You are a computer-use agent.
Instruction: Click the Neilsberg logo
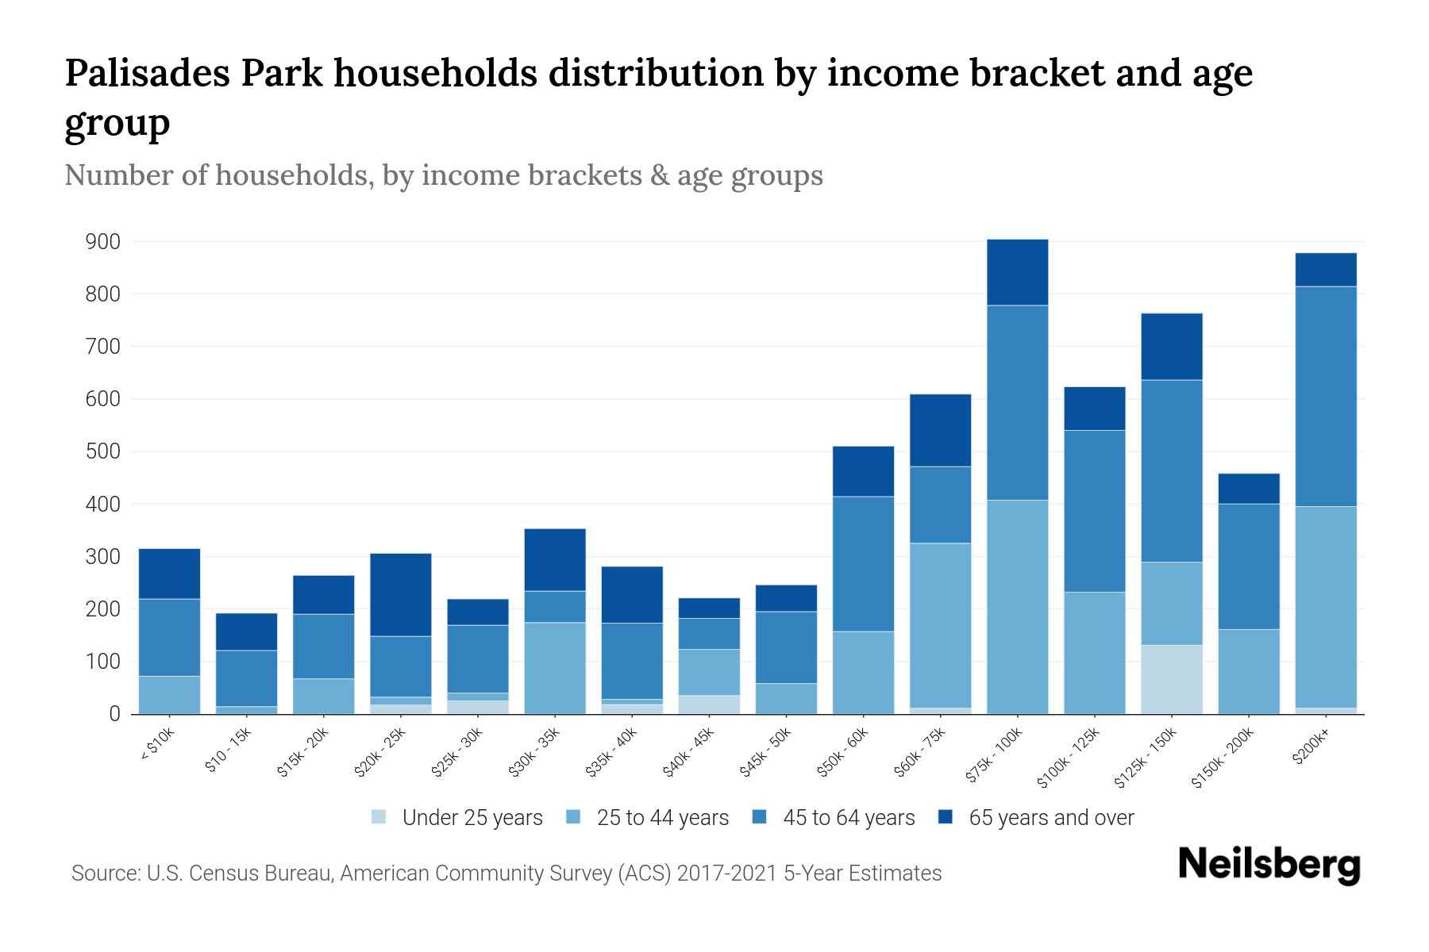click(1269, 865)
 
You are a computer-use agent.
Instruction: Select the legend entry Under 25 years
click(472, 818)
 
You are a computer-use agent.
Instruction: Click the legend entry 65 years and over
click(1050, 818)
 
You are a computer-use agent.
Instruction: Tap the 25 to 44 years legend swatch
click(574, 817)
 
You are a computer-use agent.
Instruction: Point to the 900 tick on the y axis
click(103, 242)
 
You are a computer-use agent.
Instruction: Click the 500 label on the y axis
click(103, 451)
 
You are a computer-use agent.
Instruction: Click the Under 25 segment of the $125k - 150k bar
click(1172, 679)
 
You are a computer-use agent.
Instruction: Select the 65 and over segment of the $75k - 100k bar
click(1017, 272)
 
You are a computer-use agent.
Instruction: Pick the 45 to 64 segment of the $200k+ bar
click(1326, 396)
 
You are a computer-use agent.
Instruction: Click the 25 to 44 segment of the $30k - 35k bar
click(555, 668)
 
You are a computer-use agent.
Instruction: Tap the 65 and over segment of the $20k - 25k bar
click(401, 594)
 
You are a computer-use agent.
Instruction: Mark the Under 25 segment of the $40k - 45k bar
click(709, 704)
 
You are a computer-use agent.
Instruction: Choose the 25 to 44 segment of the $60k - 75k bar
click(940, 625)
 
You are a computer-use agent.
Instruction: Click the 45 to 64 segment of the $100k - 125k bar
click(1095, 511)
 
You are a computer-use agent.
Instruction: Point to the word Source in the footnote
click(103, 873)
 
